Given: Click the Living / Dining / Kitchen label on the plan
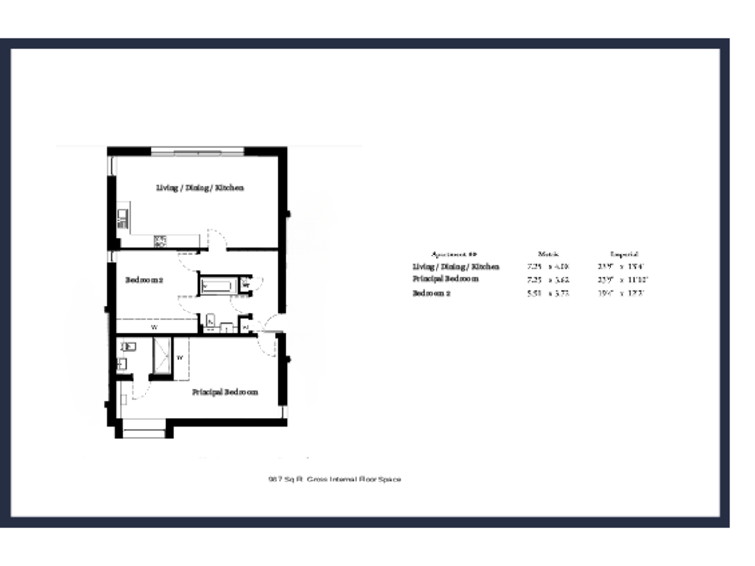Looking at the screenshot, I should (x=200, y=187).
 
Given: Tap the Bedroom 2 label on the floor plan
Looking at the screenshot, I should (x=144, y=280).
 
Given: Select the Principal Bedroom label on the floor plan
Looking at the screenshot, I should (x=224, y=392).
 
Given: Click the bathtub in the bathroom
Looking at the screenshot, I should (x=215, y=286).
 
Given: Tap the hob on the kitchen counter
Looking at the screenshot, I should (x=160, y=239).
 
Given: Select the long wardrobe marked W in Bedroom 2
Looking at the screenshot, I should (x=154, y=327).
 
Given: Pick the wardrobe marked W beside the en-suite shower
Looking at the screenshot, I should (x=180, y=357).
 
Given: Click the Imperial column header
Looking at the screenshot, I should (x=624, y=254).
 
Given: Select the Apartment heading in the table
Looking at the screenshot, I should (x=454, y=254).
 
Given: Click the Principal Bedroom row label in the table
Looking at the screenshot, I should (x=445, y=279).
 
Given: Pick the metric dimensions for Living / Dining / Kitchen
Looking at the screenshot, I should (x=549, y=266).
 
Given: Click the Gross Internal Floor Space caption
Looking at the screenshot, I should (x=335, y=480).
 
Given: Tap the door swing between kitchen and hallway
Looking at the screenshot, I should (x=219, y=239).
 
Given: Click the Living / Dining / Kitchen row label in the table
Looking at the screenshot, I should (x=455, y=266).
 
